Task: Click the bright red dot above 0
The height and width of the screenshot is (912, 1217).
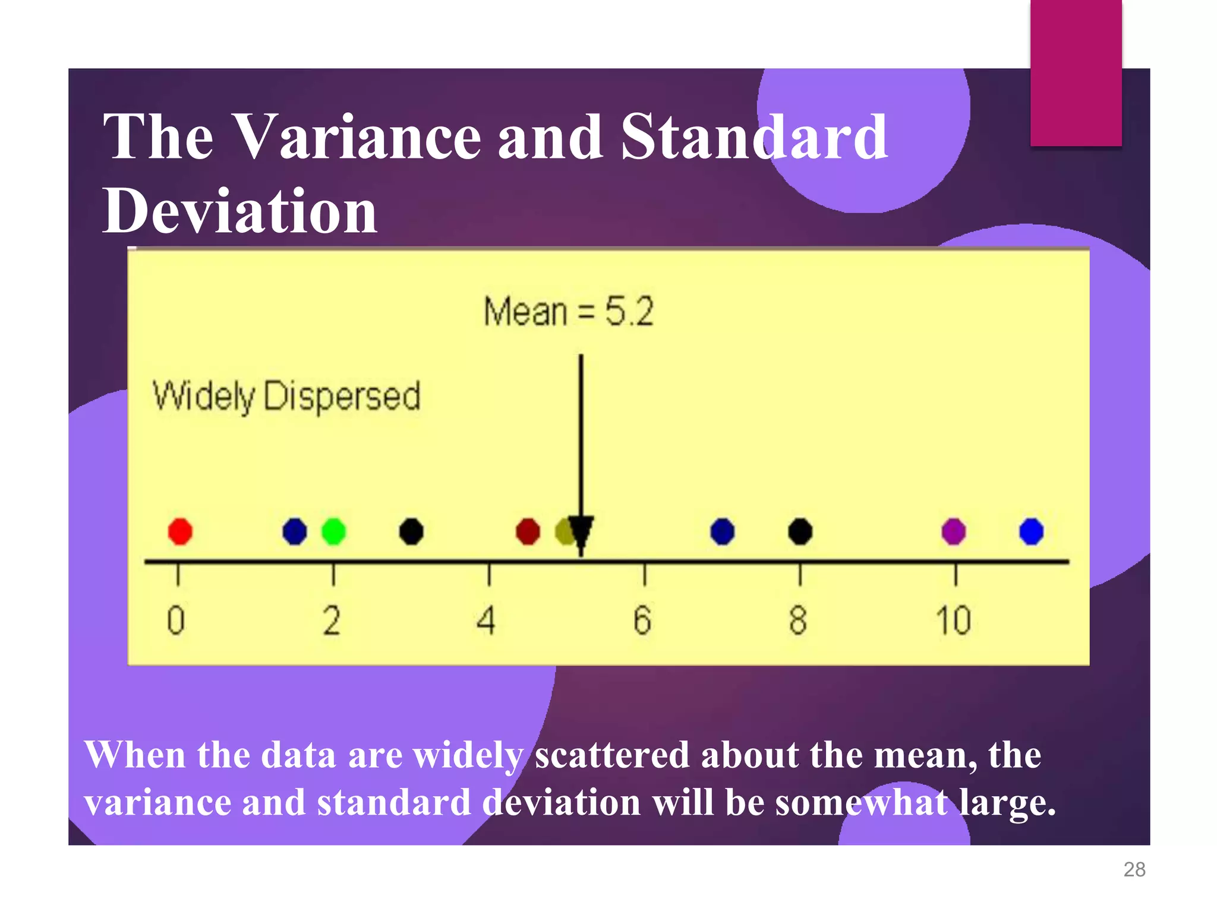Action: tap(180, 531)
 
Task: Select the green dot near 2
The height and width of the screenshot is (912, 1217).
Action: tap(333, 531)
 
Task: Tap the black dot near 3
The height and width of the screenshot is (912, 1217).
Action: tap(411, 531)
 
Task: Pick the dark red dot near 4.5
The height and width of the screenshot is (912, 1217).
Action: tap(528, 531)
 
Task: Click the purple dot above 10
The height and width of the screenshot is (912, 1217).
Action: tap(954, 531)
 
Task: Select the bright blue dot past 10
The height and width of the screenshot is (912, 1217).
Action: tap(1031, 531)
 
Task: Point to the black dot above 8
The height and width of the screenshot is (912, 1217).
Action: tap(800, 531)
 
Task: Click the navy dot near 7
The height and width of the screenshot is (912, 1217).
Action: tap(722, 531)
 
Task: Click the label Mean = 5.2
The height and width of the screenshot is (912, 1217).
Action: tap(568, 311)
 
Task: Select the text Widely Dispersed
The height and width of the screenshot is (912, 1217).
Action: tap(286, 396)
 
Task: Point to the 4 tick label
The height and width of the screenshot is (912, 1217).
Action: tap(486, 620)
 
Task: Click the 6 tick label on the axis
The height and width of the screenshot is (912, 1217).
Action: tap(642, 620)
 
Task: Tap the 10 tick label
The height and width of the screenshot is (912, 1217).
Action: tap(953, 620)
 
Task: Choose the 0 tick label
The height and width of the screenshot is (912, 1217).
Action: tap(176, 620)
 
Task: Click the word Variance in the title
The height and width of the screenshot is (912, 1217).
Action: tap(355, 138)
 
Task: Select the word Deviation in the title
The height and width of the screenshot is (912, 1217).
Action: tap(239, 211)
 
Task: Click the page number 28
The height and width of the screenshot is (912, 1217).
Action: tap(1134, 869)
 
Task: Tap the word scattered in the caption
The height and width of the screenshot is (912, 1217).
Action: tap(612, 755)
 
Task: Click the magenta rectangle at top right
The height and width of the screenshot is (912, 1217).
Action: tap(1076, 72)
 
